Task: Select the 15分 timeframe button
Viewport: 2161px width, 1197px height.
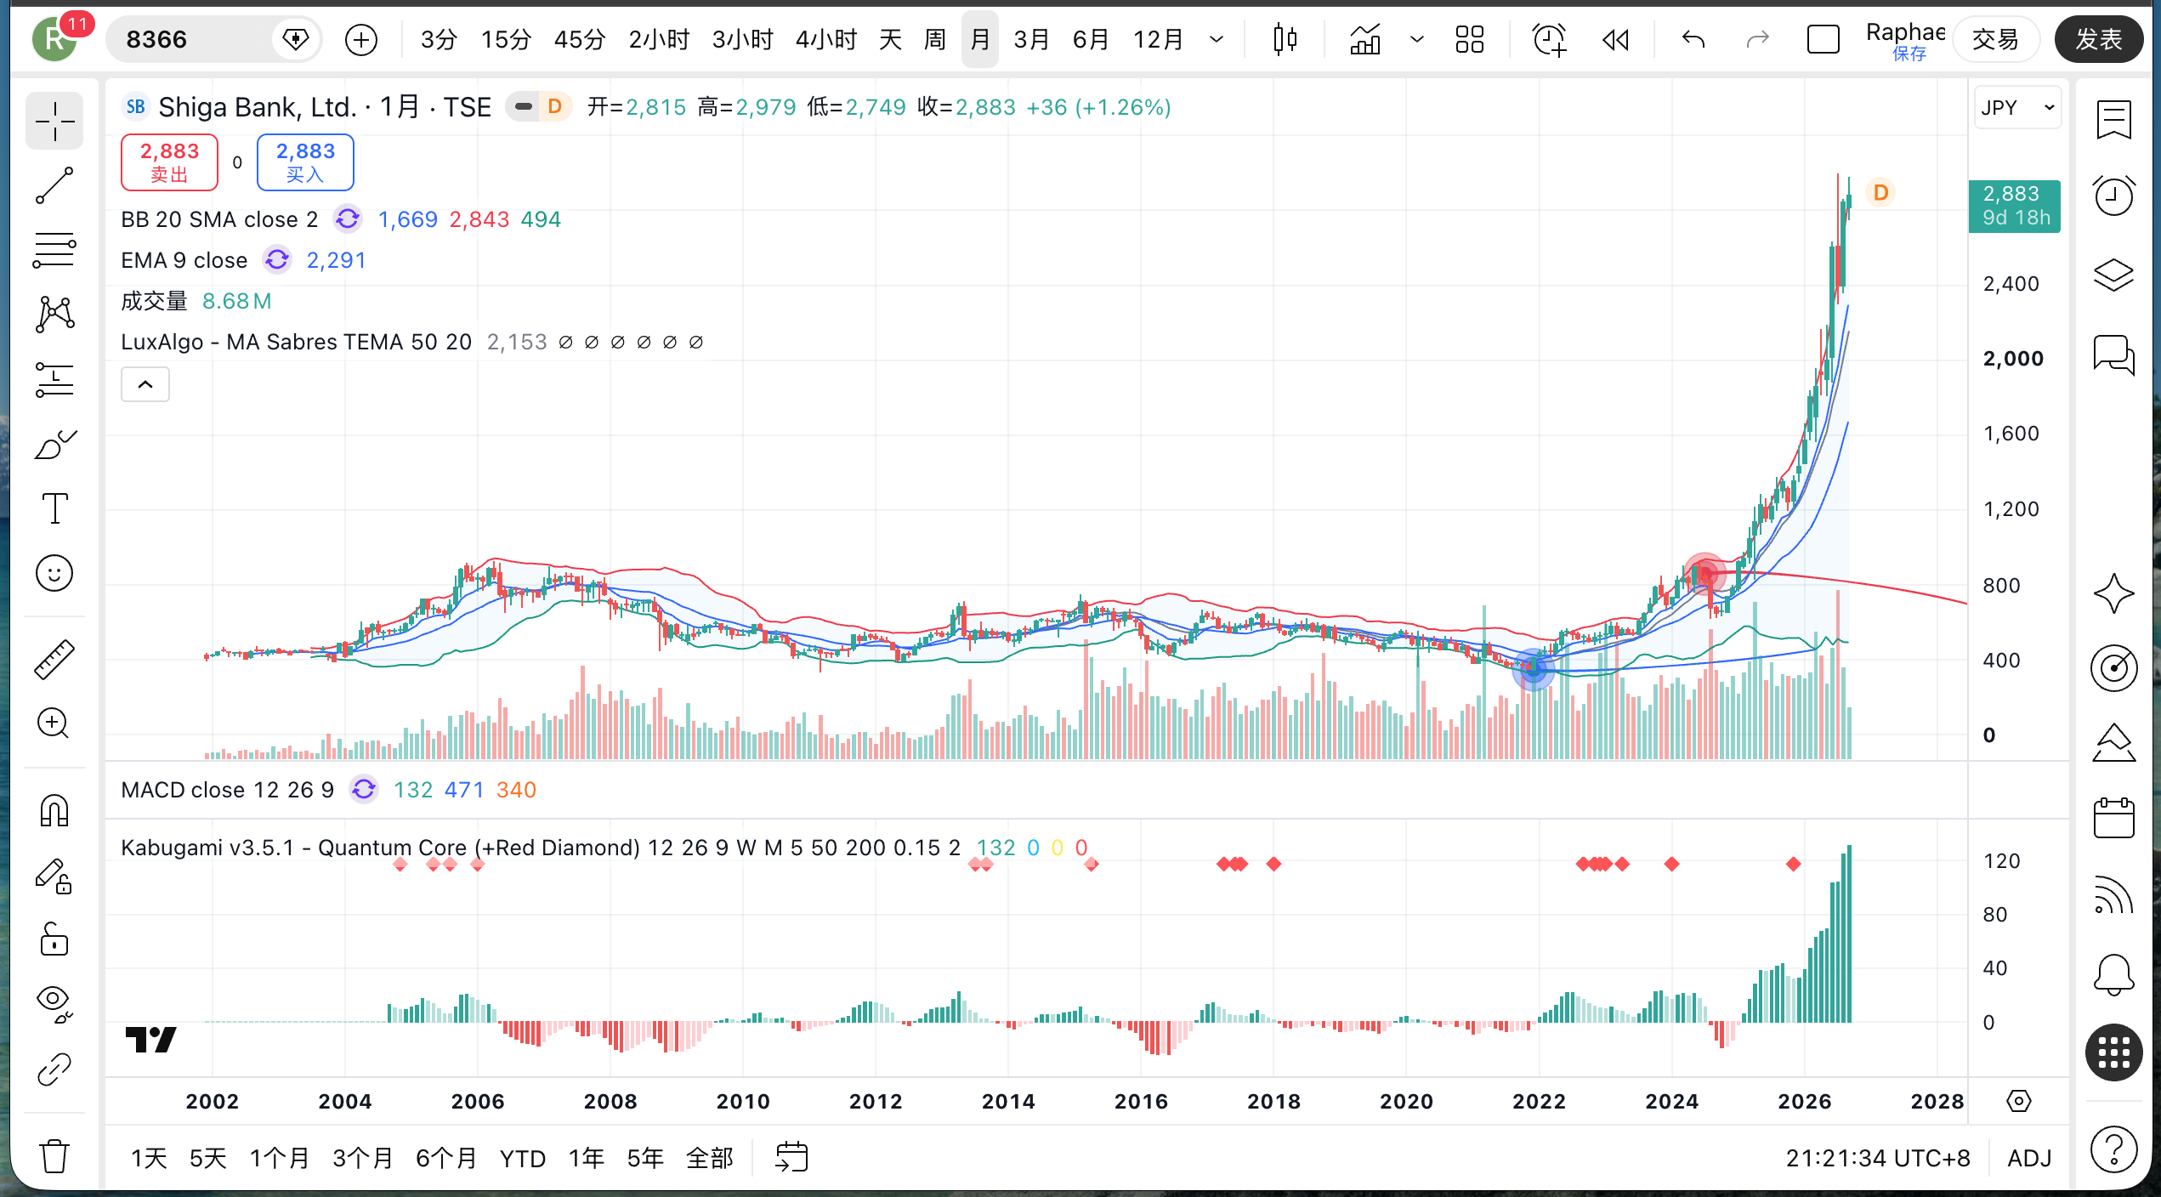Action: (x=506, y=39)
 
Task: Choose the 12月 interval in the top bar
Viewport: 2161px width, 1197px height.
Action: (x=1158, y=39)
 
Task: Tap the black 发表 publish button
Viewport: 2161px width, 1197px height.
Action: (x=2099, y=39)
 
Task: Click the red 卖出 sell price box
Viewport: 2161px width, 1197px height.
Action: (x=169, y=162)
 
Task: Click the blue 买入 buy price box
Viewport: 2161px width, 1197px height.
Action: (x=305, y=162)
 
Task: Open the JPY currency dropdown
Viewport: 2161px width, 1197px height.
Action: (x=2017, y=107)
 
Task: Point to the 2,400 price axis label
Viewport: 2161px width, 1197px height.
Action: (x=2011, y=283)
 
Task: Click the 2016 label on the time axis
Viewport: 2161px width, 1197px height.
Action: (x=1141, y=1101)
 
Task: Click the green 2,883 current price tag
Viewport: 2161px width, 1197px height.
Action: (x=2014, y=206)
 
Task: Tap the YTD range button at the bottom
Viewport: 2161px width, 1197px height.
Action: (x=522, y=1158)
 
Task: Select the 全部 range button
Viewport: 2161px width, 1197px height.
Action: (x=709, y=1158)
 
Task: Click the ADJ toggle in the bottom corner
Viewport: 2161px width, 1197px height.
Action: (x=2029, y=1158)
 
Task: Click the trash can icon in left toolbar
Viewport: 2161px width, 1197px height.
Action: (x=54, y=1155)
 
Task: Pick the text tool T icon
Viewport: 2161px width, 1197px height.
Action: (x=55, y=508)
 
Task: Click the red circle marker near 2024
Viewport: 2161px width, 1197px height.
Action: (x=1704, y=575)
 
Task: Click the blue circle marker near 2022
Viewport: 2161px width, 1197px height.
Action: (x=1534, y=669)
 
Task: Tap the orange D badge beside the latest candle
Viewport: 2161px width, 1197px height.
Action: (x=1880, y=193)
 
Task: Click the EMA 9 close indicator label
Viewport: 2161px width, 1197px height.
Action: (x=184, y=260)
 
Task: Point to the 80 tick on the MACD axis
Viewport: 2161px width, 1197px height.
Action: (x=1994, y=914)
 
